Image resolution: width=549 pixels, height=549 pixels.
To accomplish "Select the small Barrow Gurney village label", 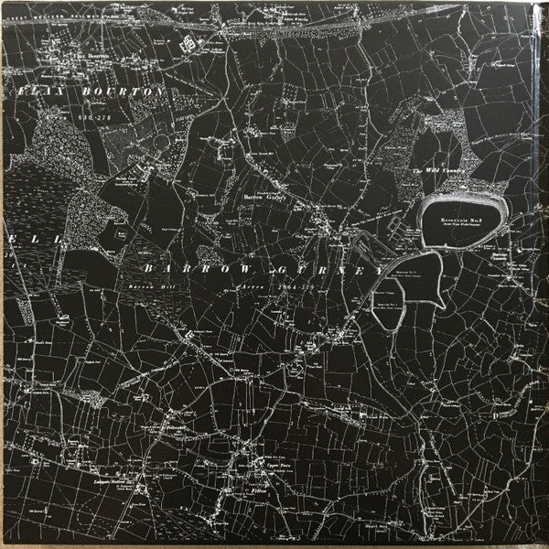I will click(265, 195).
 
